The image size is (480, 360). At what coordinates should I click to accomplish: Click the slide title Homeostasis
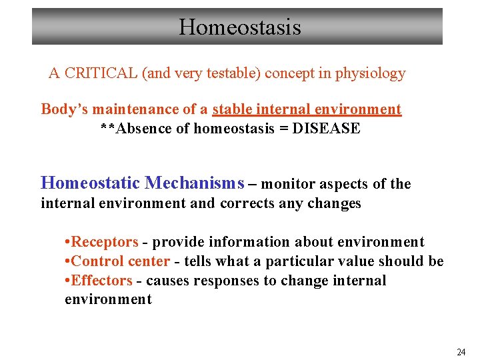pyautogui.click(x=239, y=27)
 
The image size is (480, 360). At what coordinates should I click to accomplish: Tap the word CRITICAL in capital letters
pyautogui.click(x=100, y=73)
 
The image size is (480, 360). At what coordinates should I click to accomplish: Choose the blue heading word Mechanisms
pyautogui.click(x=194, y=183)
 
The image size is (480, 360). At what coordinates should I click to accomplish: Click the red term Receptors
pyautogui.click(x=105, y=242)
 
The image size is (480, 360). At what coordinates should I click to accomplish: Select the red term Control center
pyautogui.click(x=120, y=261)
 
